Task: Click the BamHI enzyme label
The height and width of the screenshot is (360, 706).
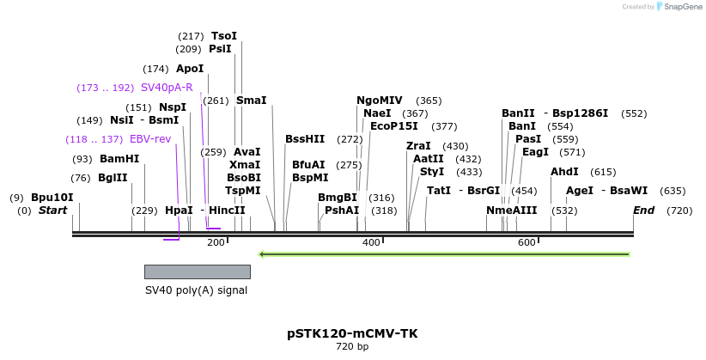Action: (119, 159)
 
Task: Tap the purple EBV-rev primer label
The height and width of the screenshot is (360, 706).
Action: (150, 139)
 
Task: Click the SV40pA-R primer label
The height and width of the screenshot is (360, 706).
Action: (167, 88)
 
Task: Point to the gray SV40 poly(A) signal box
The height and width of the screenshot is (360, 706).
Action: (197, 272)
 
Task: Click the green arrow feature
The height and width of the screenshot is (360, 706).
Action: (445, 254)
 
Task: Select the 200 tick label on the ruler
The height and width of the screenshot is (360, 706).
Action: (216, 243)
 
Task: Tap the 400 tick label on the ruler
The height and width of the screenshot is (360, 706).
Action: (371, 243)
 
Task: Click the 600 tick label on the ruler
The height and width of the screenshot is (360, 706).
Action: (526, 243)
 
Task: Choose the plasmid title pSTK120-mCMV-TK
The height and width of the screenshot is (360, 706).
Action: (352, 333)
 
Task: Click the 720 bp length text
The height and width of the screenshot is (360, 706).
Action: (352, 347)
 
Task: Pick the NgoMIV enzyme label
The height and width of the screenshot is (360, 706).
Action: (379, 101)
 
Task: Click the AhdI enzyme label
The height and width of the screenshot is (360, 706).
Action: (564, 172)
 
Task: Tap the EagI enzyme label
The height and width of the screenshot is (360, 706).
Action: (535, 152)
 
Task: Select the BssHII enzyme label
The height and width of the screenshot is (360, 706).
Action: (305, 139)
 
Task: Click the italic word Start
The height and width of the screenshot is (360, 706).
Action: (52, 211)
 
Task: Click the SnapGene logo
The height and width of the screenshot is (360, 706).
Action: (677, 7)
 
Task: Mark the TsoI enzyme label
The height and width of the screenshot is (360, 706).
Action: (223, 36)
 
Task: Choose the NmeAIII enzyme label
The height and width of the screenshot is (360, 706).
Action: (511, 211)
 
